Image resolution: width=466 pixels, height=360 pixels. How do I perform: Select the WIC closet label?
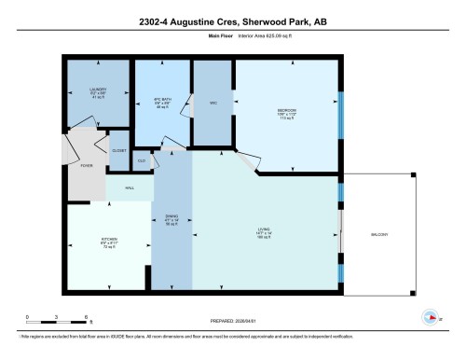213,102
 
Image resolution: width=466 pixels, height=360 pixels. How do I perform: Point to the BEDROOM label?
286,110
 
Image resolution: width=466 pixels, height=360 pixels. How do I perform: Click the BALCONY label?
379,233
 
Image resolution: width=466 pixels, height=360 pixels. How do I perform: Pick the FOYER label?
87,165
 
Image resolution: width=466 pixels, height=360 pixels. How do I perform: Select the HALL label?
130,187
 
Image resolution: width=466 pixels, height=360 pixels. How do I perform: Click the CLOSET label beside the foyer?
119,150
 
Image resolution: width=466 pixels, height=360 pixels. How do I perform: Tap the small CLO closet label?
143,161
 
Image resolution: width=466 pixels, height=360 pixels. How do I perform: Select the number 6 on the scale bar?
86,318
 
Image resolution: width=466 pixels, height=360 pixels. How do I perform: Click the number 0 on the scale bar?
28,318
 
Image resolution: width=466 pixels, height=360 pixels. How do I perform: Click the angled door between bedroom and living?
248,164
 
